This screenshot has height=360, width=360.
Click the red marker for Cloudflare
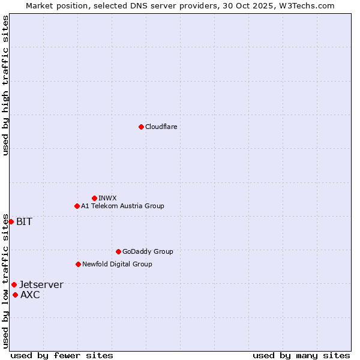point(141,127)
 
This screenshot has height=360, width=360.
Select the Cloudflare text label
point(161,127)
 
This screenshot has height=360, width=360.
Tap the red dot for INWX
point(94,198)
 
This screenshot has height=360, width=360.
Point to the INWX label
point(107,198)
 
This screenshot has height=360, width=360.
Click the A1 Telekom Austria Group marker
point(77,206)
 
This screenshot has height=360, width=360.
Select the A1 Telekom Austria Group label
point(122,206)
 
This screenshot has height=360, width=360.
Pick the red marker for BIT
point(11,221)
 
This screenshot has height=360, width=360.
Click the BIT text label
point(24,222)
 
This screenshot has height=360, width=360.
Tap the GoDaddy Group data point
point(118,251)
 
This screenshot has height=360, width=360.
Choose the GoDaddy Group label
point(147,251)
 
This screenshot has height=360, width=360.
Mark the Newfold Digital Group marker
point(78,264)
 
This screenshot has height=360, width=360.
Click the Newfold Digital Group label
point(117,264)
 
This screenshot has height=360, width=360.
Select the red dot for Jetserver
point(14,284)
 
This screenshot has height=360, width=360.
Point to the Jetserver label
point(41,285)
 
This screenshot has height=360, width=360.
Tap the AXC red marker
point(15,295)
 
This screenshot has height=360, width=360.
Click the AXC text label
point(30,295)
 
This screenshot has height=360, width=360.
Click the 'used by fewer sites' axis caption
point(62,355)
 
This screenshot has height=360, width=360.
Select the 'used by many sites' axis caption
point(301,355)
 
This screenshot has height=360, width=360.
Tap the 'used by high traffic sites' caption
point(5,85)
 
